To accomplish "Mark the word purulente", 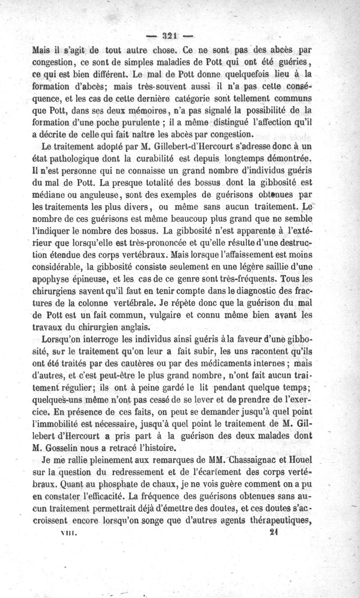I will coord(150,122).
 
